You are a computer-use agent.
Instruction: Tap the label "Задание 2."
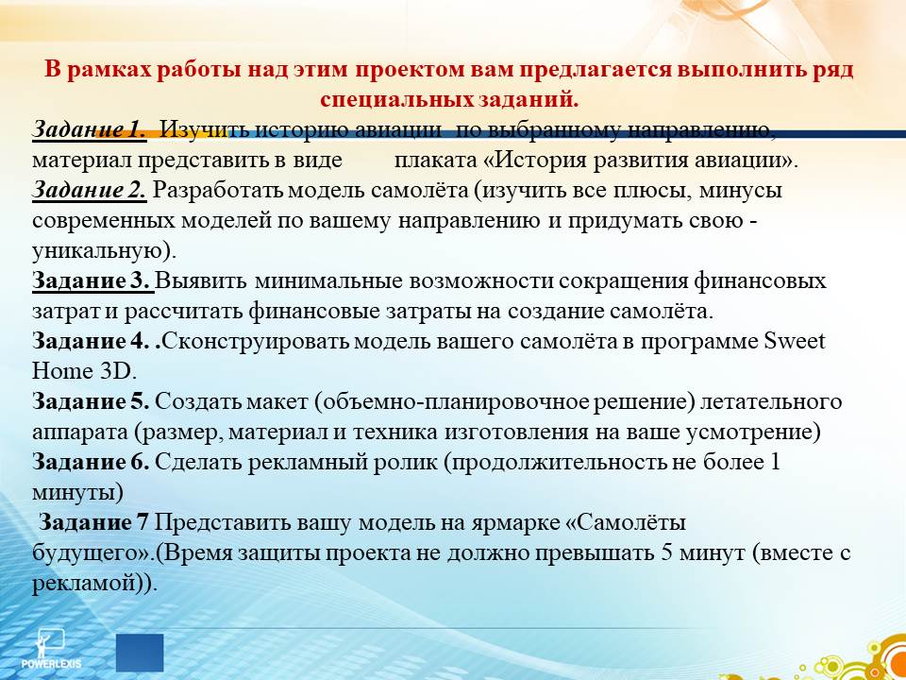click(x=90, y=191)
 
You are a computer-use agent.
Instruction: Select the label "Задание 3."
click(x=93, y=281)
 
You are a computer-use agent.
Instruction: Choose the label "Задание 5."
click(x=91, y=401)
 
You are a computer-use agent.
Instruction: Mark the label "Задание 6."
click(x=91, y=462)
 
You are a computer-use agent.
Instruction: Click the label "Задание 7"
click(x=94, y=522)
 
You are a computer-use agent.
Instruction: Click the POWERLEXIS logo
click(x=51, y=649)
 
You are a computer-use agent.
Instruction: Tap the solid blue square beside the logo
click(x=140, y=653)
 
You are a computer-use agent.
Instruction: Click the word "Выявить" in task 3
click(x=202, y=281)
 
